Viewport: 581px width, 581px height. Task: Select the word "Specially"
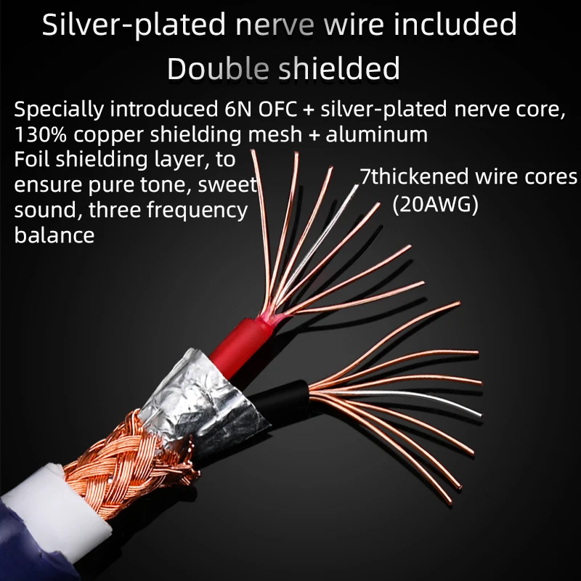(x=57, y=110)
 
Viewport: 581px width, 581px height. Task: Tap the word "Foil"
(x=31, y=159)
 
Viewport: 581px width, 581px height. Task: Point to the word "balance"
(x=54, y=235)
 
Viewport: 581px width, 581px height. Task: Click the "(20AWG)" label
(x=435, y=206)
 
